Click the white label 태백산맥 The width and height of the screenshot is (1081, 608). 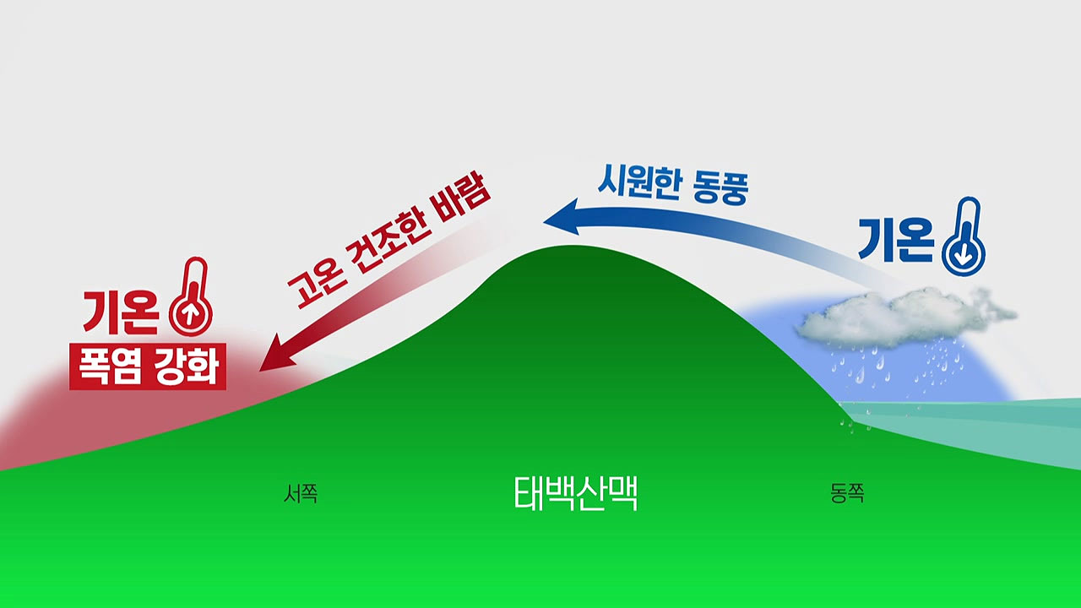click(x=576, y=493)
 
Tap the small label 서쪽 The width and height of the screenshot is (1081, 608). click(x=301, y=494)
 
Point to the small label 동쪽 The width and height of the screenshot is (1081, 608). click(x=847, y=493)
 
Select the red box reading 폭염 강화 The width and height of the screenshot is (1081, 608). click(x=148, y=366)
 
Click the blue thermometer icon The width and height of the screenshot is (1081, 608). click(x=964, y=236)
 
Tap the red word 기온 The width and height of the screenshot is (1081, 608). click(x=121, y=312)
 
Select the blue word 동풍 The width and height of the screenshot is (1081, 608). click(x=720, y=188)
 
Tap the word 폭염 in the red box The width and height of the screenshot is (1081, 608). click(x=111, y=366)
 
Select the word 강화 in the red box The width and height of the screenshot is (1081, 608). click(x=187, y=366)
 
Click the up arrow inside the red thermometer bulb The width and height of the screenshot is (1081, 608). click(x=190, y=315)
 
